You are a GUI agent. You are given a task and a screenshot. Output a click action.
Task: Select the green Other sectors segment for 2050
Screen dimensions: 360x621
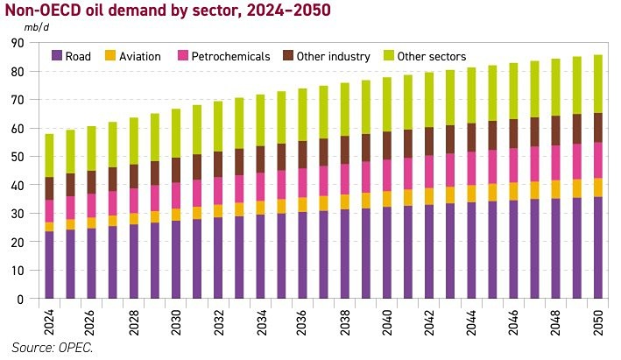pyautogui.click(x=599, y=84)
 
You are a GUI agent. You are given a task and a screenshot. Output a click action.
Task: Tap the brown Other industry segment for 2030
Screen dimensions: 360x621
pyautogui.click(x=176, y=170)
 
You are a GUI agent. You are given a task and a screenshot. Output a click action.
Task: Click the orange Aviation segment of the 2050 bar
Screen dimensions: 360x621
pyautogui.click(x=599, y=187)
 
